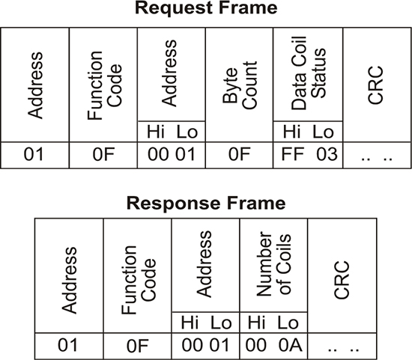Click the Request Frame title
coord(206,8)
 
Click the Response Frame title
coord(206,204)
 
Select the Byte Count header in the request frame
coord(239,85)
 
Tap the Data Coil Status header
coord(309,73)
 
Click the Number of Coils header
coord(273,263)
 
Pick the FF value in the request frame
coord(292,154)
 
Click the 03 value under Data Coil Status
coord(327,154)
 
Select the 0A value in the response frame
coord(291,345)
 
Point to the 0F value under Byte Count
coord(239,154)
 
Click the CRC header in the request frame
coord(375,85)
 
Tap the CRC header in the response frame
coord(342,280)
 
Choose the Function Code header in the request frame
coord(105,85)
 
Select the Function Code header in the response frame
coord(139,280)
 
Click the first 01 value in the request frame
coord(34,154)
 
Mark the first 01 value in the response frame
coord(67,345)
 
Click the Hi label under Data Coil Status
coord(291,132)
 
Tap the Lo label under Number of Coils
coord(288,323)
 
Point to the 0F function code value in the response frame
coord(138,346)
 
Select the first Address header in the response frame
coord(69,280)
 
